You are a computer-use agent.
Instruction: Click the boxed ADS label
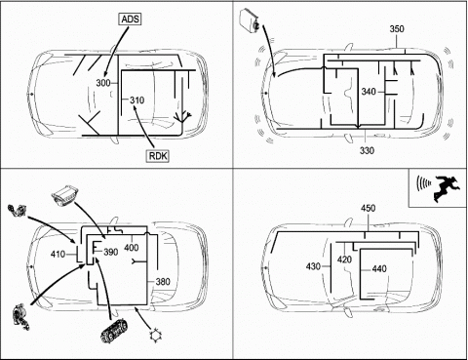click(x=130, y=20)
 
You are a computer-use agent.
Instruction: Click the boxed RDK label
click(x=158, y=156)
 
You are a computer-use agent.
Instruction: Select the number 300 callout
click(x=103, y=83)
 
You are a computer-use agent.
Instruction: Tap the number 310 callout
click(x=136, y=100)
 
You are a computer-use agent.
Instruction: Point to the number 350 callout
click(x=397, y=29)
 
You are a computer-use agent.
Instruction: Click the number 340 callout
click(x=369, y=92)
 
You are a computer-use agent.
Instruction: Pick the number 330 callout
click(x=367, y=150)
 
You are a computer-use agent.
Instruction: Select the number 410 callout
click(x=58, y=254)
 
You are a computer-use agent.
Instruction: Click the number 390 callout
click(x=111, y=252)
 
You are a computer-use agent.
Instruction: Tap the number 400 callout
click(x=132, y=248)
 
